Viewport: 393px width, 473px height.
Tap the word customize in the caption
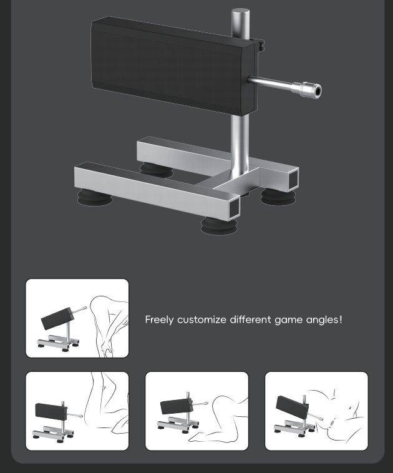(x=201, y=319)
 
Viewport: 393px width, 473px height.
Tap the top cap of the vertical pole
(x=240, y=12)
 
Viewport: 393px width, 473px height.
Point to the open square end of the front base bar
(x=233, y=208)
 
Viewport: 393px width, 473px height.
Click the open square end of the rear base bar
(x=293, y=179)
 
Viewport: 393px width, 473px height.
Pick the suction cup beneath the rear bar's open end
(x=278, y=197)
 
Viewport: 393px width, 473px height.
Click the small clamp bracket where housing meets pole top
(x=260, y=45)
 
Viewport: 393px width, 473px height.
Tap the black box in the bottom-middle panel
(x=176, y=406)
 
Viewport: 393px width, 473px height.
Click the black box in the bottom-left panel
(x=51, y=411)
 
